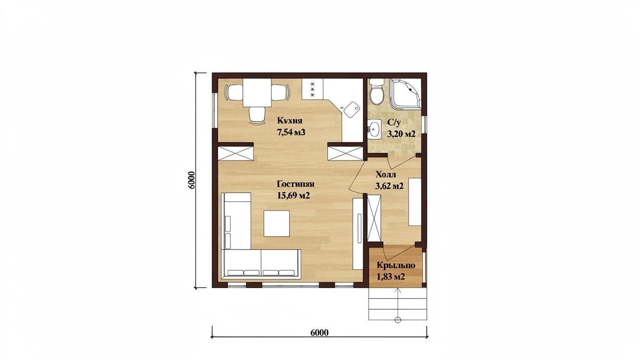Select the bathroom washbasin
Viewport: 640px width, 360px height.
374,130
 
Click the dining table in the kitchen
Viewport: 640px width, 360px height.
57,93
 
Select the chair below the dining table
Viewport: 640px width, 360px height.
57,116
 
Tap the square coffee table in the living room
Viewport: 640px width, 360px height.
76,223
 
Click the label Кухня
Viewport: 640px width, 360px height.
289,121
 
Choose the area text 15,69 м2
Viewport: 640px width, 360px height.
293,196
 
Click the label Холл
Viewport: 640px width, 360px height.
386,174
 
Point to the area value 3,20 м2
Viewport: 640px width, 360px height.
401,134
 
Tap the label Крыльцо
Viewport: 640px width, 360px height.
396,266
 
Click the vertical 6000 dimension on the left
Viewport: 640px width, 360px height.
191,180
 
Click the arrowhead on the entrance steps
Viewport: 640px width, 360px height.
397,291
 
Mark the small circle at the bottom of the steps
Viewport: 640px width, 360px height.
397,320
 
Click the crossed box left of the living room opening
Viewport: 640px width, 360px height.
235,153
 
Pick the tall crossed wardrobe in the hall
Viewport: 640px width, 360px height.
374,218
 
